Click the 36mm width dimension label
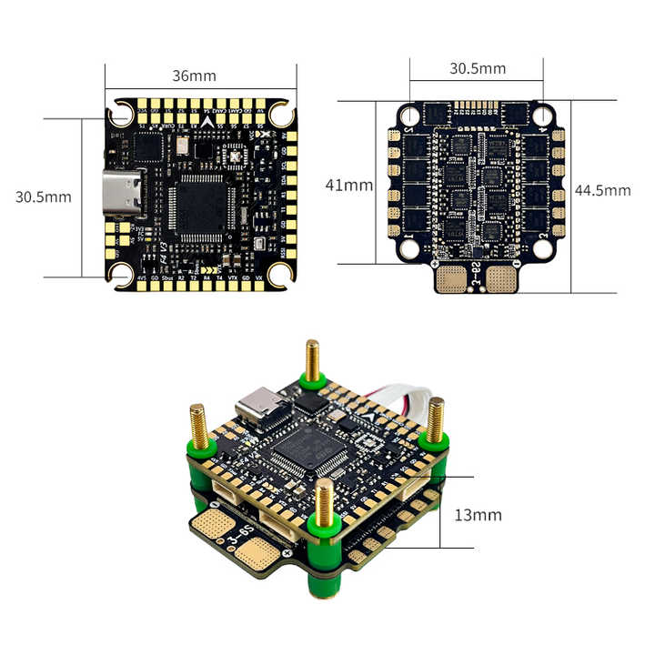click(194, 76)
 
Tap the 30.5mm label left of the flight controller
click(43, 196)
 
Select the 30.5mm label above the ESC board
click(477, 68)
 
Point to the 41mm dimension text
click(349, 185)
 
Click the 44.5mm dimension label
click(602, 190)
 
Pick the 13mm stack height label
click(478, 515)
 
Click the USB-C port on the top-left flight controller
click(124, 194)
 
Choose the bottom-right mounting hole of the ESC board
click(543, 247)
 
